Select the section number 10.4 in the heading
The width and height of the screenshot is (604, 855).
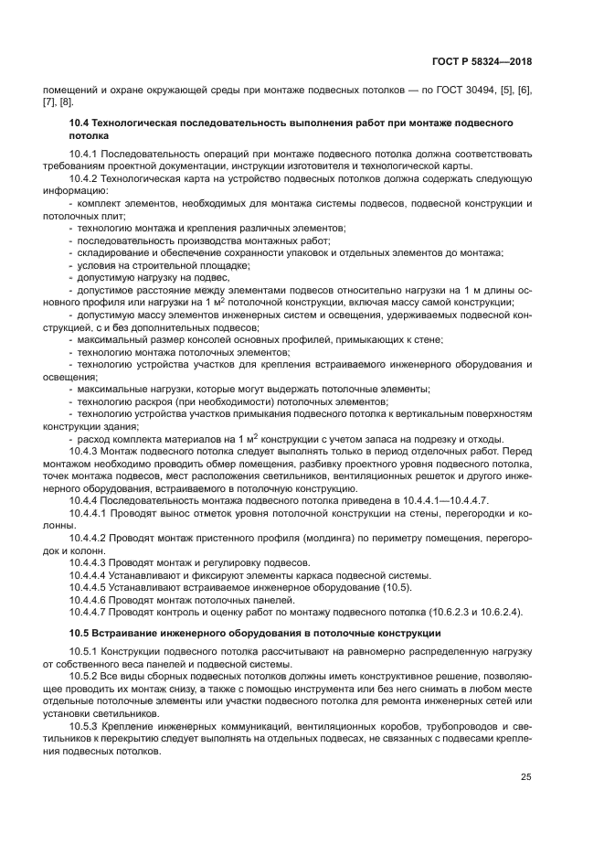pyautogui.click(x=79, y=122)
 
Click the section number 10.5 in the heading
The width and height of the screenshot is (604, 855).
pyautogui.click(x=79, y=633)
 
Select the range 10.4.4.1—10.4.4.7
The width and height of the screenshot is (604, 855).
pyautogui.click(x=445, y=501)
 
